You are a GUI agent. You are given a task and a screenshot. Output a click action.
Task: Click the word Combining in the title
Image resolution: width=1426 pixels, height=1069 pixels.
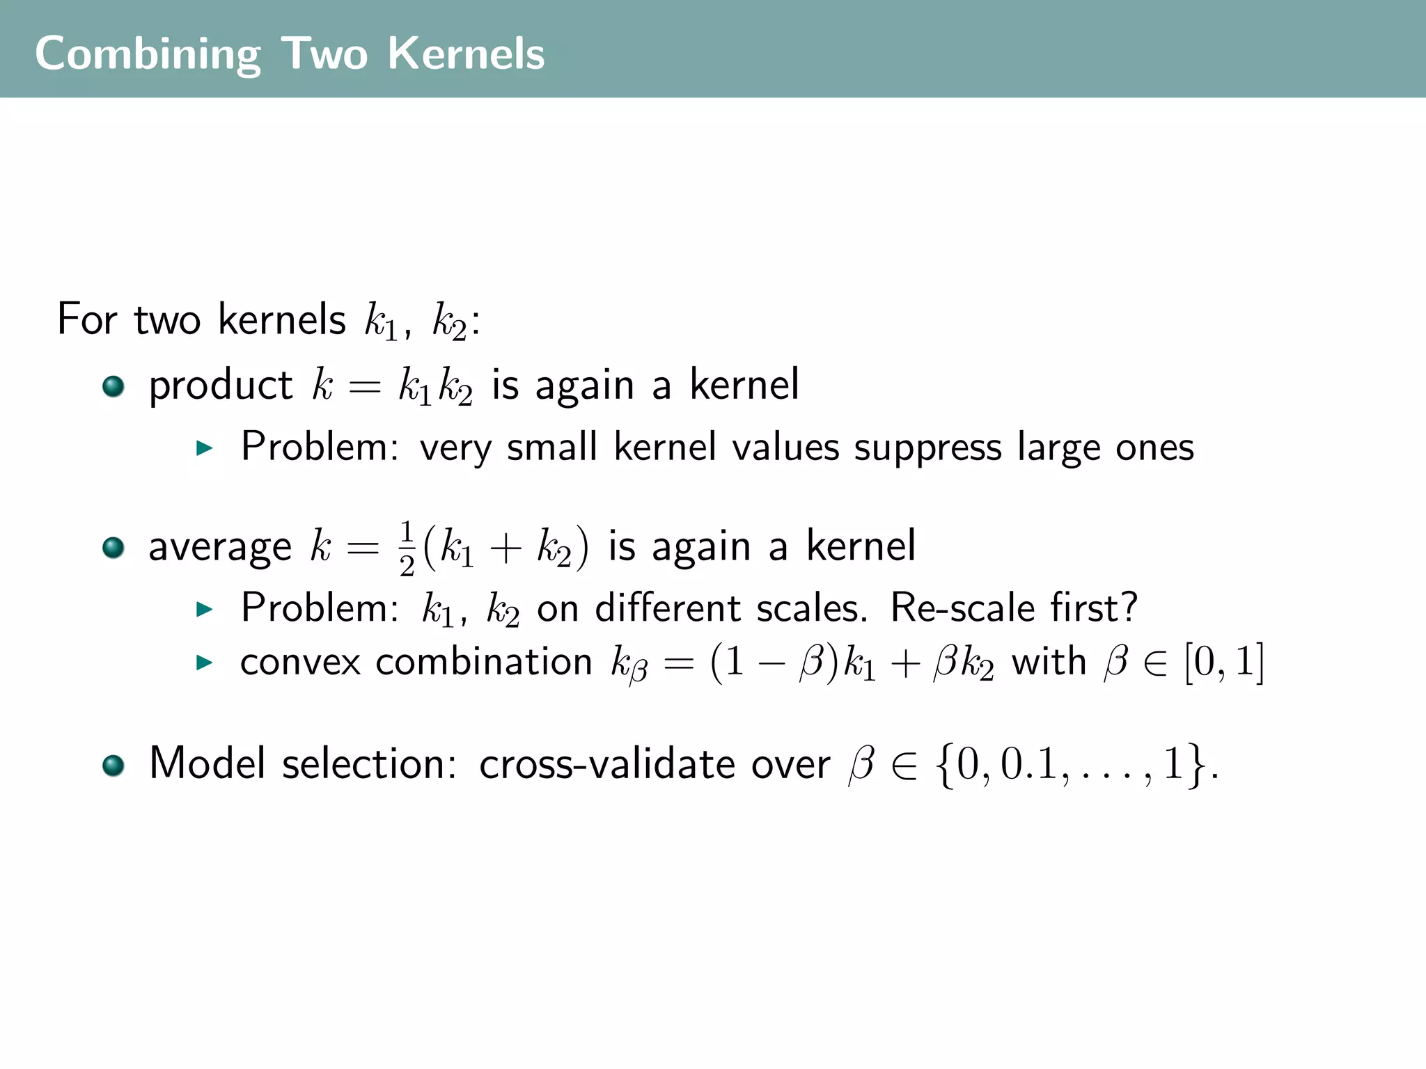(148, 54)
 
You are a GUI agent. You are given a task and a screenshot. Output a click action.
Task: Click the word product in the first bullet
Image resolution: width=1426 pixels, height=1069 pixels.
(221, 386)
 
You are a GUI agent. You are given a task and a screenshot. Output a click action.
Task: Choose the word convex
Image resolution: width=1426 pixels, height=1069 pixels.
(300, 662)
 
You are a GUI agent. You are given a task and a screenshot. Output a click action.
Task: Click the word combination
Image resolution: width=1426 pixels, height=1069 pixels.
(484, 662)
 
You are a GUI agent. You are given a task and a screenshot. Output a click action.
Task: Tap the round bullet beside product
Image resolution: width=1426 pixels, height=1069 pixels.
(113, 386)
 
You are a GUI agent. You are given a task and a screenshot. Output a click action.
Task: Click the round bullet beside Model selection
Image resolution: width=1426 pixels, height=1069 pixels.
(113, 766)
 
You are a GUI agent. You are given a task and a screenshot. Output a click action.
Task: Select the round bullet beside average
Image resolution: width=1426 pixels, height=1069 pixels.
(113, 548)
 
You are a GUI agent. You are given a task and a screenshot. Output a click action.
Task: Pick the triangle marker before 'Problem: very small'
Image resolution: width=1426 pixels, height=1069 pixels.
(204, 448)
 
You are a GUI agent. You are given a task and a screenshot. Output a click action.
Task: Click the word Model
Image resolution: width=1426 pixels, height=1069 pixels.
(207, 763)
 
